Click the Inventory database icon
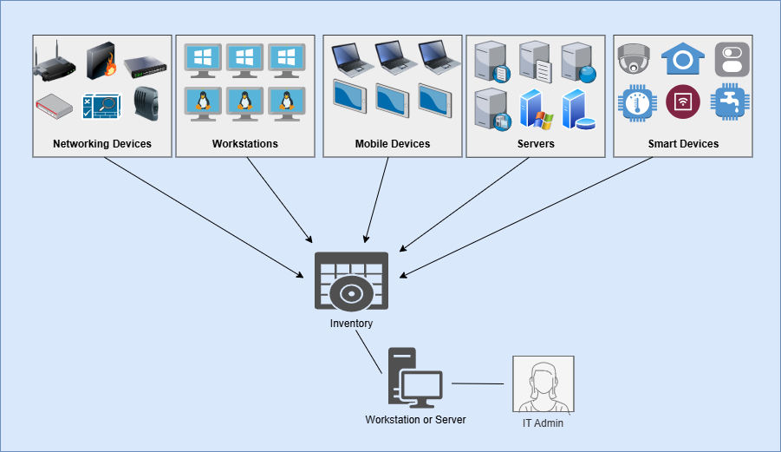pyautogui.click(x=351, y=281)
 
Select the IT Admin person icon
pyautogui.click(x=543, y=384)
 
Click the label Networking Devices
pyautogui.click(x=102, y=144)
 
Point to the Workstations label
pyautogui.click(x=245, y=144)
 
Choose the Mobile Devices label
pyautogui.click(x=393, y=144)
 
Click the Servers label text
pyautogui.click(x=536, y=144)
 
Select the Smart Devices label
pyautogui.click(x=683, y=144)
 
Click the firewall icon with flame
pyautogui.click(x=101, y=61)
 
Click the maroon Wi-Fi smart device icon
pyautogui.click(x=682, y=102)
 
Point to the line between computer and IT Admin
pyautogui.click(x=478, y=383)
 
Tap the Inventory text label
pyautogui.click(x=351, y=324)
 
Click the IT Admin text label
pyautogui.click(x=543, y=423)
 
